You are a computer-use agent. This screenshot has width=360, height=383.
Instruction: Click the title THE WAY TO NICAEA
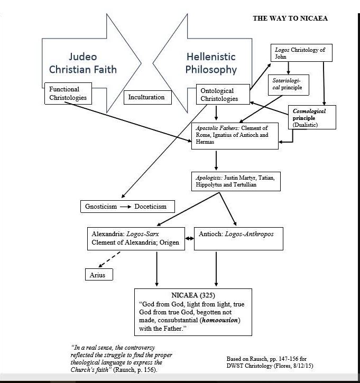pos(290,18)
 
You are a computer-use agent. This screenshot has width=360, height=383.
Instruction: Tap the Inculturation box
pos(147,97)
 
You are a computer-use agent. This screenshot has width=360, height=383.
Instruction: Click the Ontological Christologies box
pos(223,95)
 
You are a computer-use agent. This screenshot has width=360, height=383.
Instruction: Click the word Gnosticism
pos(100,207)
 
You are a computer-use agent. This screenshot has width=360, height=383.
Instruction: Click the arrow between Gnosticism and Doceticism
pos(125,207)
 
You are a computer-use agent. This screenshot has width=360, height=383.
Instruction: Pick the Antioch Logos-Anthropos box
pos(239,238)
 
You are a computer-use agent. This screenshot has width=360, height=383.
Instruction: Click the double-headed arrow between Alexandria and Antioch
pos(188,239)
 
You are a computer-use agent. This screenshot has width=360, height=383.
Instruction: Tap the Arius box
pos(98,275)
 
